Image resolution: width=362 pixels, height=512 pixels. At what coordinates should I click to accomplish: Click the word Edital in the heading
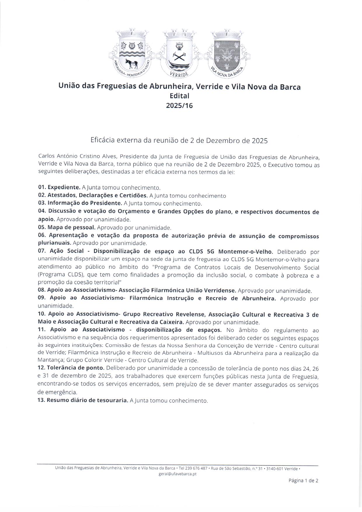coord(179,96)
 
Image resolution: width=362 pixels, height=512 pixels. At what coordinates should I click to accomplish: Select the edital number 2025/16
coord(179,105)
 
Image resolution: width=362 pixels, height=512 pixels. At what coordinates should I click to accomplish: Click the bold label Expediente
coord(64,187)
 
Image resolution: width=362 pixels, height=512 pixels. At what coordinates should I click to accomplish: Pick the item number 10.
coord(42,314)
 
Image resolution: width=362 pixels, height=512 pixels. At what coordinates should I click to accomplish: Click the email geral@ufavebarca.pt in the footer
coord(177,474)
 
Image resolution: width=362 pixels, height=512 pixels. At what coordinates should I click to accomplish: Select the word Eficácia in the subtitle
coord(102,140)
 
